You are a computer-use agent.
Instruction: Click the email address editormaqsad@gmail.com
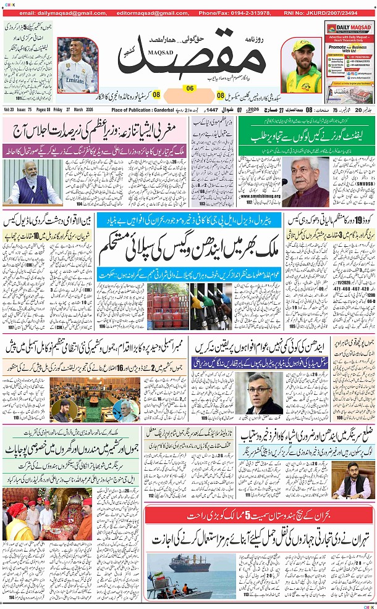tap(123, 12)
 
